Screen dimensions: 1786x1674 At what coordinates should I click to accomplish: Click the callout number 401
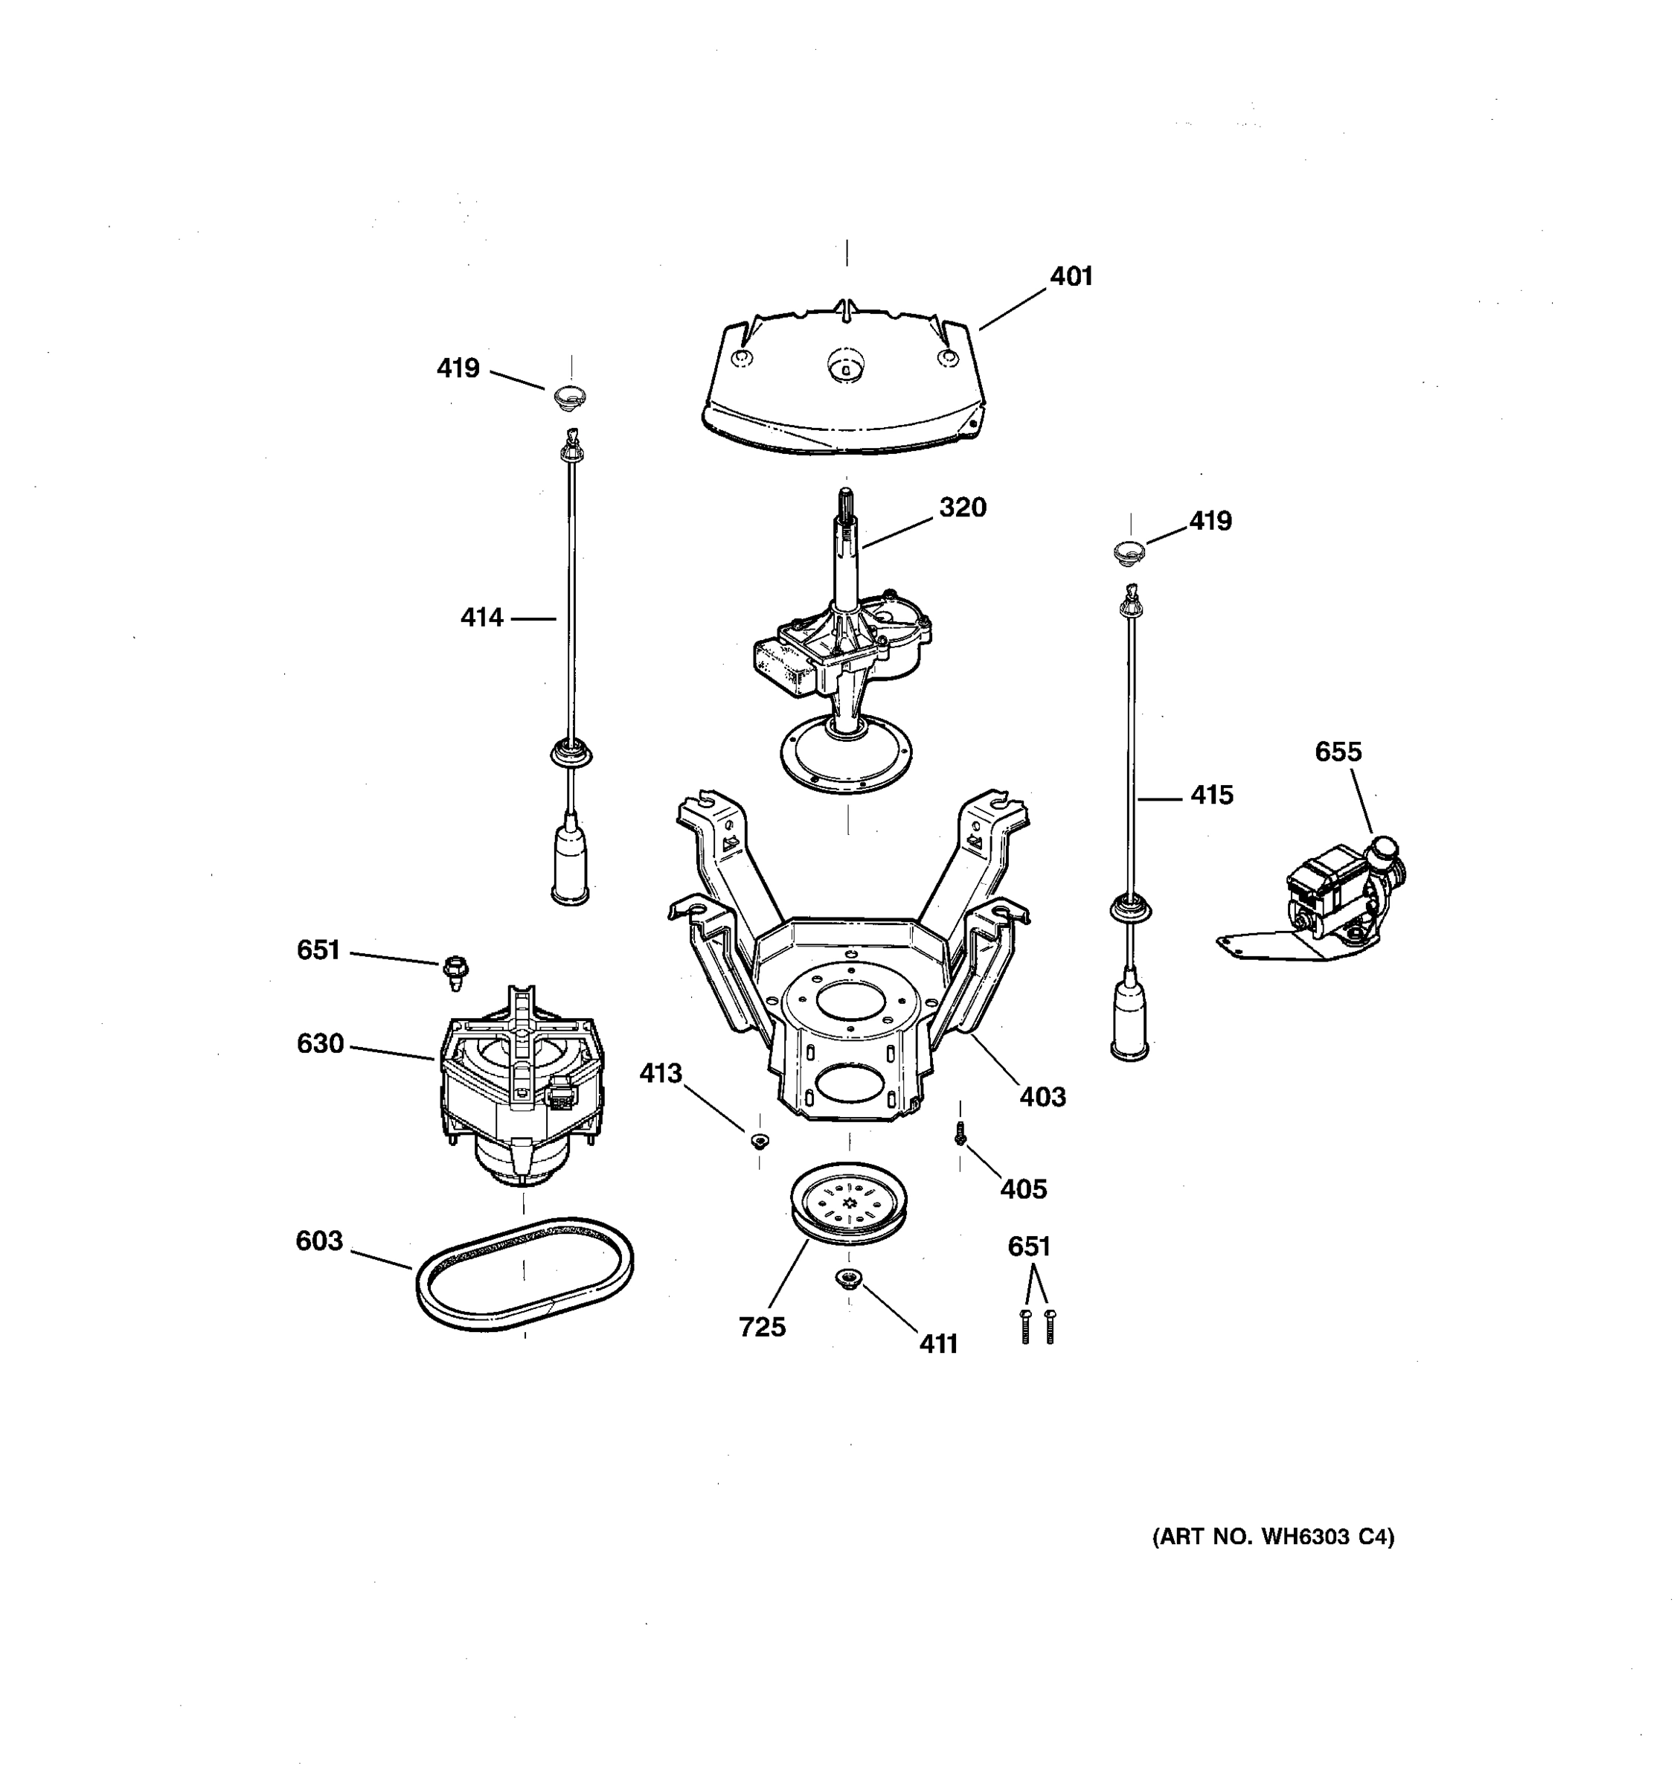pyautogui.click(x=1071, y=277)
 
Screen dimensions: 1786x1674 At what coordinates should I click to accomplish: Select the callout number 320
pyautogui.click(x=962, y=508)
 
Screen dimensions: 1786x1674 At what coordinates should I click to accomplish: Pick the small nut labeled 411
pyautogui.click(x=847, y=1278)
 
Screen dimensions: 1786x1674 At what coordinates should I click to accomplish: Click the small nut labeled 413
pyautogui.click(x=760, y=1141)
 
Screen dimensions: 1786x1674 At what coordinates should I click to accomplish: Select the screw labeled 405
pyautogui.click(x=960, y=1136)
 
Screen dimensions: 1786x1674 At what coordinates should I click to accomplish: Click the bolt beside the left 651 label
pyautogui.click(x=455, y=970)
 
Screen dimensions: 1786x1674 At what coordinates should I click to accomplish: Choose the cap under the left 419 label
pyautogui.click(x=569, y=395)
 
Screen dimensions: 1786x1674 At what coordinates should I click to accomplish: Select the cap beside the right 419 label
pyautogui.click(x=1129, y=551)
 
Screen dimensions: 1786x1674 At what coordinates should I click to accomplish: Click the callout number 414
pyautogui.click(x=481, y=618)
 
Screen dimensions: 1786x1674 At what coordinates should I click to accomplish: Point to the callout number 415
pyautogui.click(x=1211, y=795)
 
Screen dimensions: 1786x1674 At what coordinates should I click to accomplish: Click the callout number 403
pyautogui.click(x=1042, y=1097)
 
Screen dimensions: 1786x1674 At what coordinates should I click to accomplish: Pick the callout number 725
pyautogui.click(x=762, y=1327)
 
